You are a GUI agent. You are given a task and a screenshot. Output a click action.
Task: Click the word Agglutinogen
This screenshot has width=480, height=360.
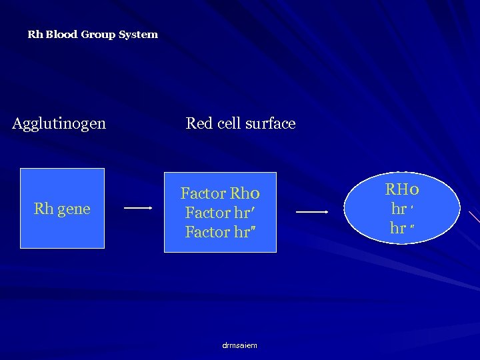[x=59, y=123]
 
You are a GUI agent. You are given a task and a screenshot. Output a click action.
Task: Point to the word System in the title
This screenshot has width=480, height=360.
[x=138, y=34]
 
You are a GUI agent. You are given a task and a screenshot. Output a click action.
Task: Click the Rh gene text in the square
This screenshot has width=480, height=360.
[x=62, y=209]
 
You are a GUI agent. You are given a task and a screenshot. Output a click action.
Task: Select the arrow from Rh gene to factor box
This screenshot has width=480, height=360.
[x=139, y=208]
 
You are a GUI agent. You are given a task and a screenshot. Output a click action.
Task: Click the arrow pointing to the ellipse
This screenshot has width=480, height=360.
[x=312, y=212]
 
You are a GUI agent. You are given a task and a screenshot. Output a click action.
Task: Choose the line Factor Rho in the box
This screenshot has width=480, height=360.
[x=219, y=194]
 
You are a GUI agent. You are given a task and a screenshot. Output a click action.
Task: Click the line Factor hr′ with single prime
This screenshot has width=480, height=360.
[x=220, y=213]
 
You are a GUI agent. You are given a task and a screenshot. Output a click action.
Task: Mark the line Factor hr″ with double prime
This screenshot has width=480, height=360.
[x=220, y=232]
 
